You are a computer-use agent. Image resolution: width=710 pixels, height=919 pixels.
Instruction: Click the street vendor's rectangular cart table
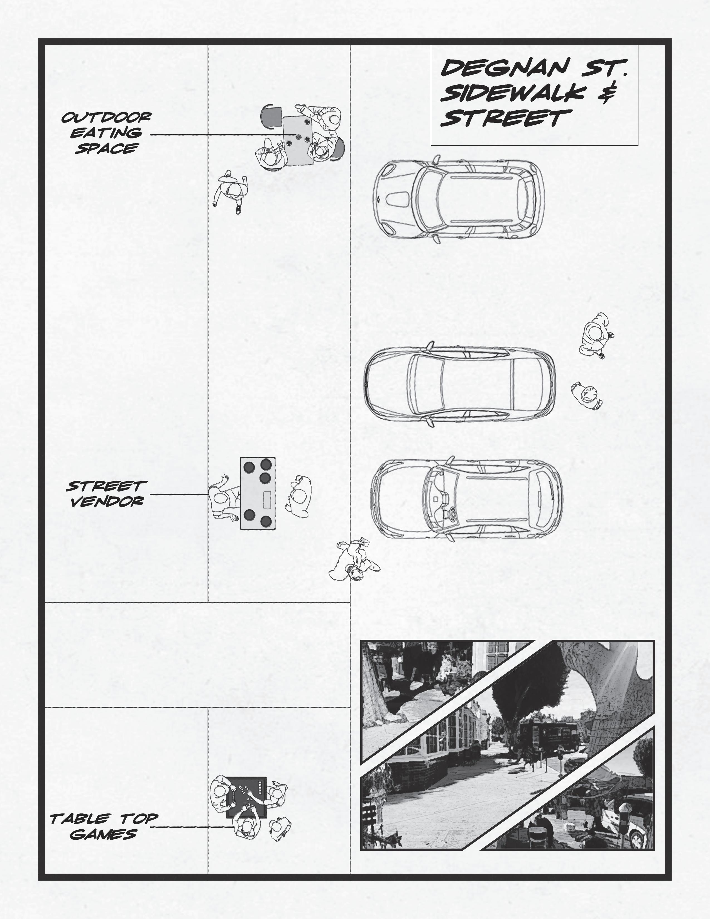(x=258, y=493)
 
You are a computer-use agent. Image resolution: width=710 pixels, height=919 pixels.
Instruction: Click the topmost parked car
(x=459, y=198)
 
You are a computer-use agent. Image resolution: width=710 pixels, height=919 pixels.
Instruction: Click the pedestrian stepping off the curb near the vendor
(x=352, y=561)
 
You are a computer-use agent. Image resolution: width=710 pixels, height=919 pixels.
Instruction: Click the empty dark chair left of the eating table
(x=271, y=117)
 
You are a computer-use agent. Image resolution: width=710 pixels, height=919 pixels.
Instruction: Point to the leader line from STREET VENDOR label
(x=179, y=494)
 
